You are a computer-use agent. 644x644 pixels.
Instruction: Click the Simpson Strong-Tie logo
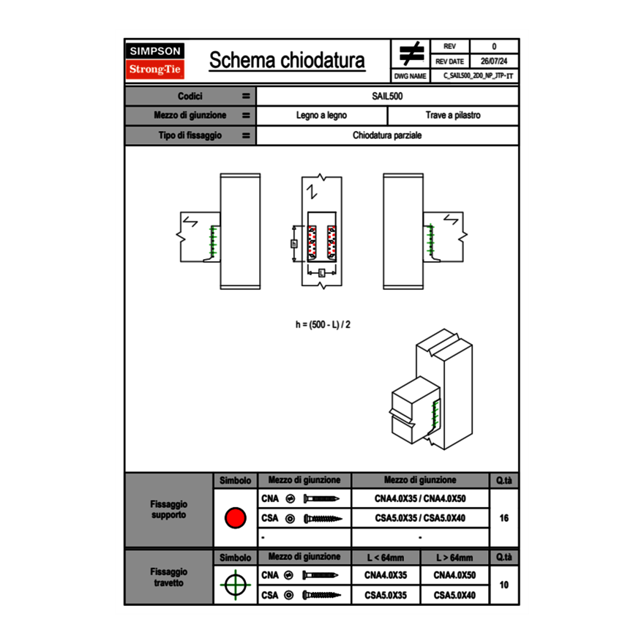tap(156, 61)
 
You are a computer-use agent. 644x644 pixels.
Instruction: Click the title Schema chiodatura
tap(287, 61)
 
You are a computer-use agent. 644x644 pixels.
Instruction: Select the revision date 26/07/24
tap(494, 61)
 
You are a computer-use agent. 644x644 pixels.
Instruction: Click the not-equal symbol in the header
tap(411, 54)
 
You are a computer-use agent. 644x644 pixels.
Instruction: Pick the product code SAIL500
tap(387, 97)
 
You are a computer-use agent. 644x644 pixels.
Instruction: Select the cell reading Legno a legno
tap(321, 116)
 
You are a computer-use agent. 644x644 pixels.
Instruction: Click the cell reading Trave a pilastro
tap(453, 116)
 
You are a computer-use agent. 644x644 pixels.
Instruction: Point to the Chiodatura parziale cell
tap(387, 135)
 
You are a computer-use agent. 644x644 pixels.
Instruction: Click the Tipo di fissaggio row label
tap(189, 135)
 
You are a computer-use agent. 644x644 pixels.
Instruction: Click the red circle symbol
tap(235, 518)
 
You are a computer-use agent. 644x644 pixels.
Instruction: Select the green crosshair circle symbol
tap(235, 585)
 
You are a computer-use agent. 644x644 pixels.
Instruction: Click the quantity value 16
tap(503, 518)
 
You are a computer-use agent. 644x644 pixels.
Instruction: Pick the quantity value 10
tap(503, 585)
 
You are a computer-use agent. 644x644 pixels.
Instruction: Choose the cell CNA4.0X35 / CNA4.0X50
tap(420, 499)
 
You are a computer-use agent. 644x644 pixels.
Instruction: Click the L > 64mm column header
tap(454, 558)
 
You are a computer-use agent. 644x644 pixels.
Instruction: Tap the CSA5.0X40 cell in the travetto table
tap(454, 596)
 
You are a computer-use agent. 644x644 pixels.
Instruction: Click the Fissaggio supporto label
tap(168, 509)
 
